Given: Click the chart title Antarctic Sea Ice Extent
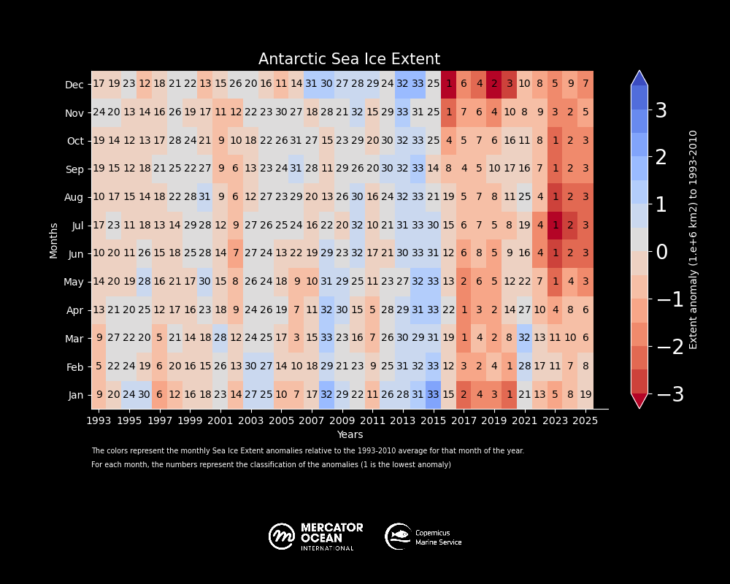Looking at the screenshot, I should pos(349,60).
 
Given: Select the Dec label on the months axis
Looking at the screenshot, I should pos(74,85).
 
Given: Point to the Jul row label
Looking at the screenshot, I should pos(77,226).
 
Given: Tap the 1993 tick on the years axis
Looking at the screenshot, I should pos(99,420).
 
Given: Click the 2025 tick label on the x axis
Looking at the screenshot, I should pos(585,420).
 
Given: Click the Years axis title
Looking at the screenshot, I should pos(350,434).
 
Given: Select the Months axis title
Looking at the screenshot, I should pos(54,240).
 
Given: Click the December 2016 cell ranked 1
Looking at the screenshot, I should pos(449,85).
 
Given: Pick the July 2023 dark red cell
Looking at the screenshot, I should pos(556,226).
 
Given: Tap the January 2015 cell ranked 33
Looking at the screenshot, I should pos(434,395).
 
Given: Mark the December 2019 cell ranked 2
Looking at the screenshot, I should pos(494,85).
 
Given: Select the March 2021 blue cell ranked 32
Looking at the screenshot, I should pos(525,338).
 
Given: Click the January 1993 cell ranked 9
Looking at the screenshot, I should pos(99,395).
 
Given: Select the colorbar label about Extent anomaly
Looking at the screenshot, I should pos(693,239).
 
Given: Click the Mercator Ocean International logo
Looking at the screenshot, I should pos(315,537).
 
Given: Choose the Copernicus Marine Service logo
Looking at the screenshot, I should pos(423,537).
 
